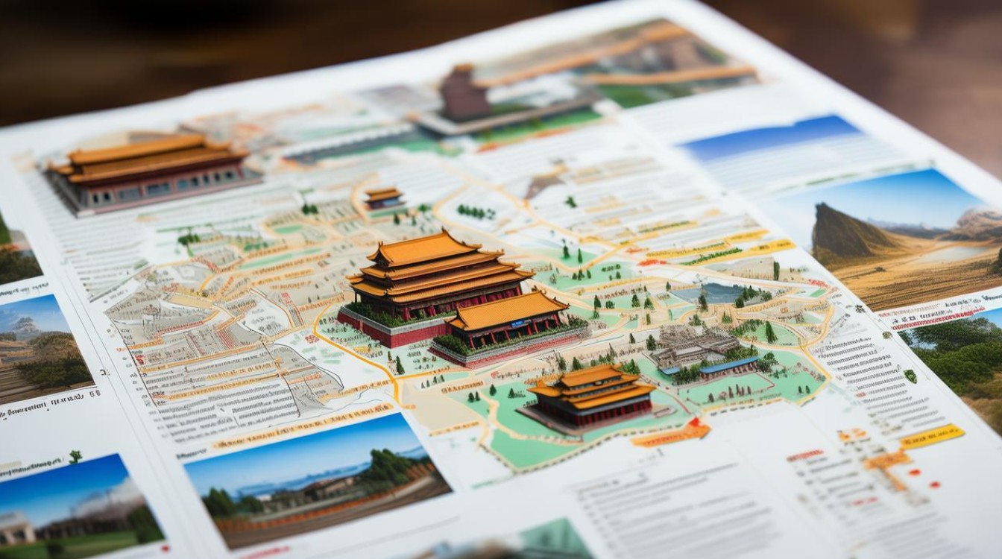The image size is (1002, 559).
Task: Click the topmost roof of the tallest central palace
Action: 423,248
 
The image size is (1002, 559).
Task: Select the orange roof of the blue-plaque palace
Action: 508,308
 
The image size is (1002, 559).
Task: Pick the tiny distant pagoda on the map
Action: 384,198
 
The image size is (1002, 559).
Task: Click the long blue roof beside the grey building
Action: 728,365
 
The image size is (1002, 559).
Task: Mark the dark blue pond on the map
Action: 712,292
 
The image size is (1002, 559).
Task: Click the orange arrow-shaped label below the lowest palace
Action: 671,434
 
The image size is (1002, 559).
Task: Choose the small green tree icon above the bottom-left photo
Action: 75,456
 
